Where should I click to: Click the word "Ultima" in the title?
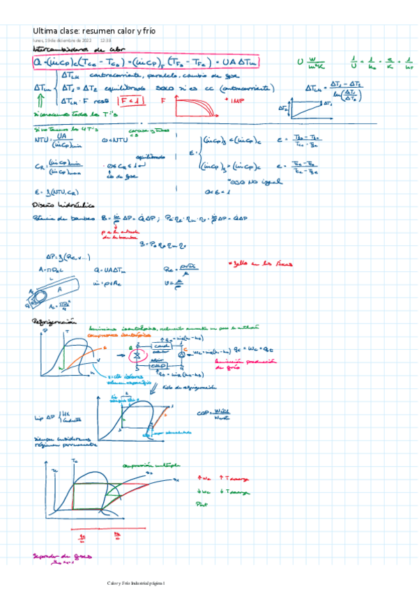[x=45, y=31]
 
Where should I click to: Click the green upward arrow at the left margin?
[x=37, y=102]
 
